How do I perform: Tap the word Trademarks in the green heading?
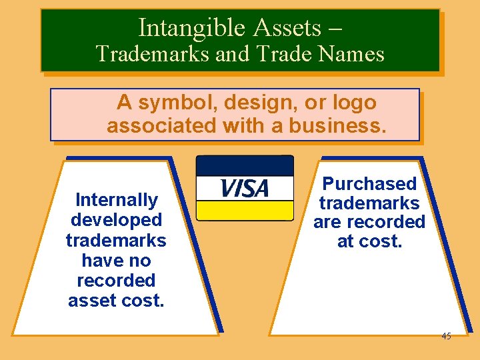tap(153, 53)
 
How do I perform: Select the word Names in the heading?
tap(355, 53)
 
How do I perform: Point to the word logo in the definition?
tap(354, 103)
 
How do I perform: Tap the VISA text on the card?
tap(244, 189)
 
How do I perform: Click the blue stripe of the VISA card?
tap(244, 165)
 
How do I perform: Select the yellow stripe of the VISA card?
tap(244, 211)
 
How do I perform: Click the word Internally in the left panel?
tap(116, 200)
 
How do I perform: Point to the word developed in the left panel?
tap(116, 220)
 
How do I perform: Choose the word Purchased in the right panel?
tap(369, 184)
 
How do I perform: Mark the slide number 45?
tap(446, 336)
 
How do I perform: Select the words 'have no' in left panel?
tap(116, 261)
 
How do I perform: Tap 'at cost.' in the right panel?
tap(369, 241)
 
